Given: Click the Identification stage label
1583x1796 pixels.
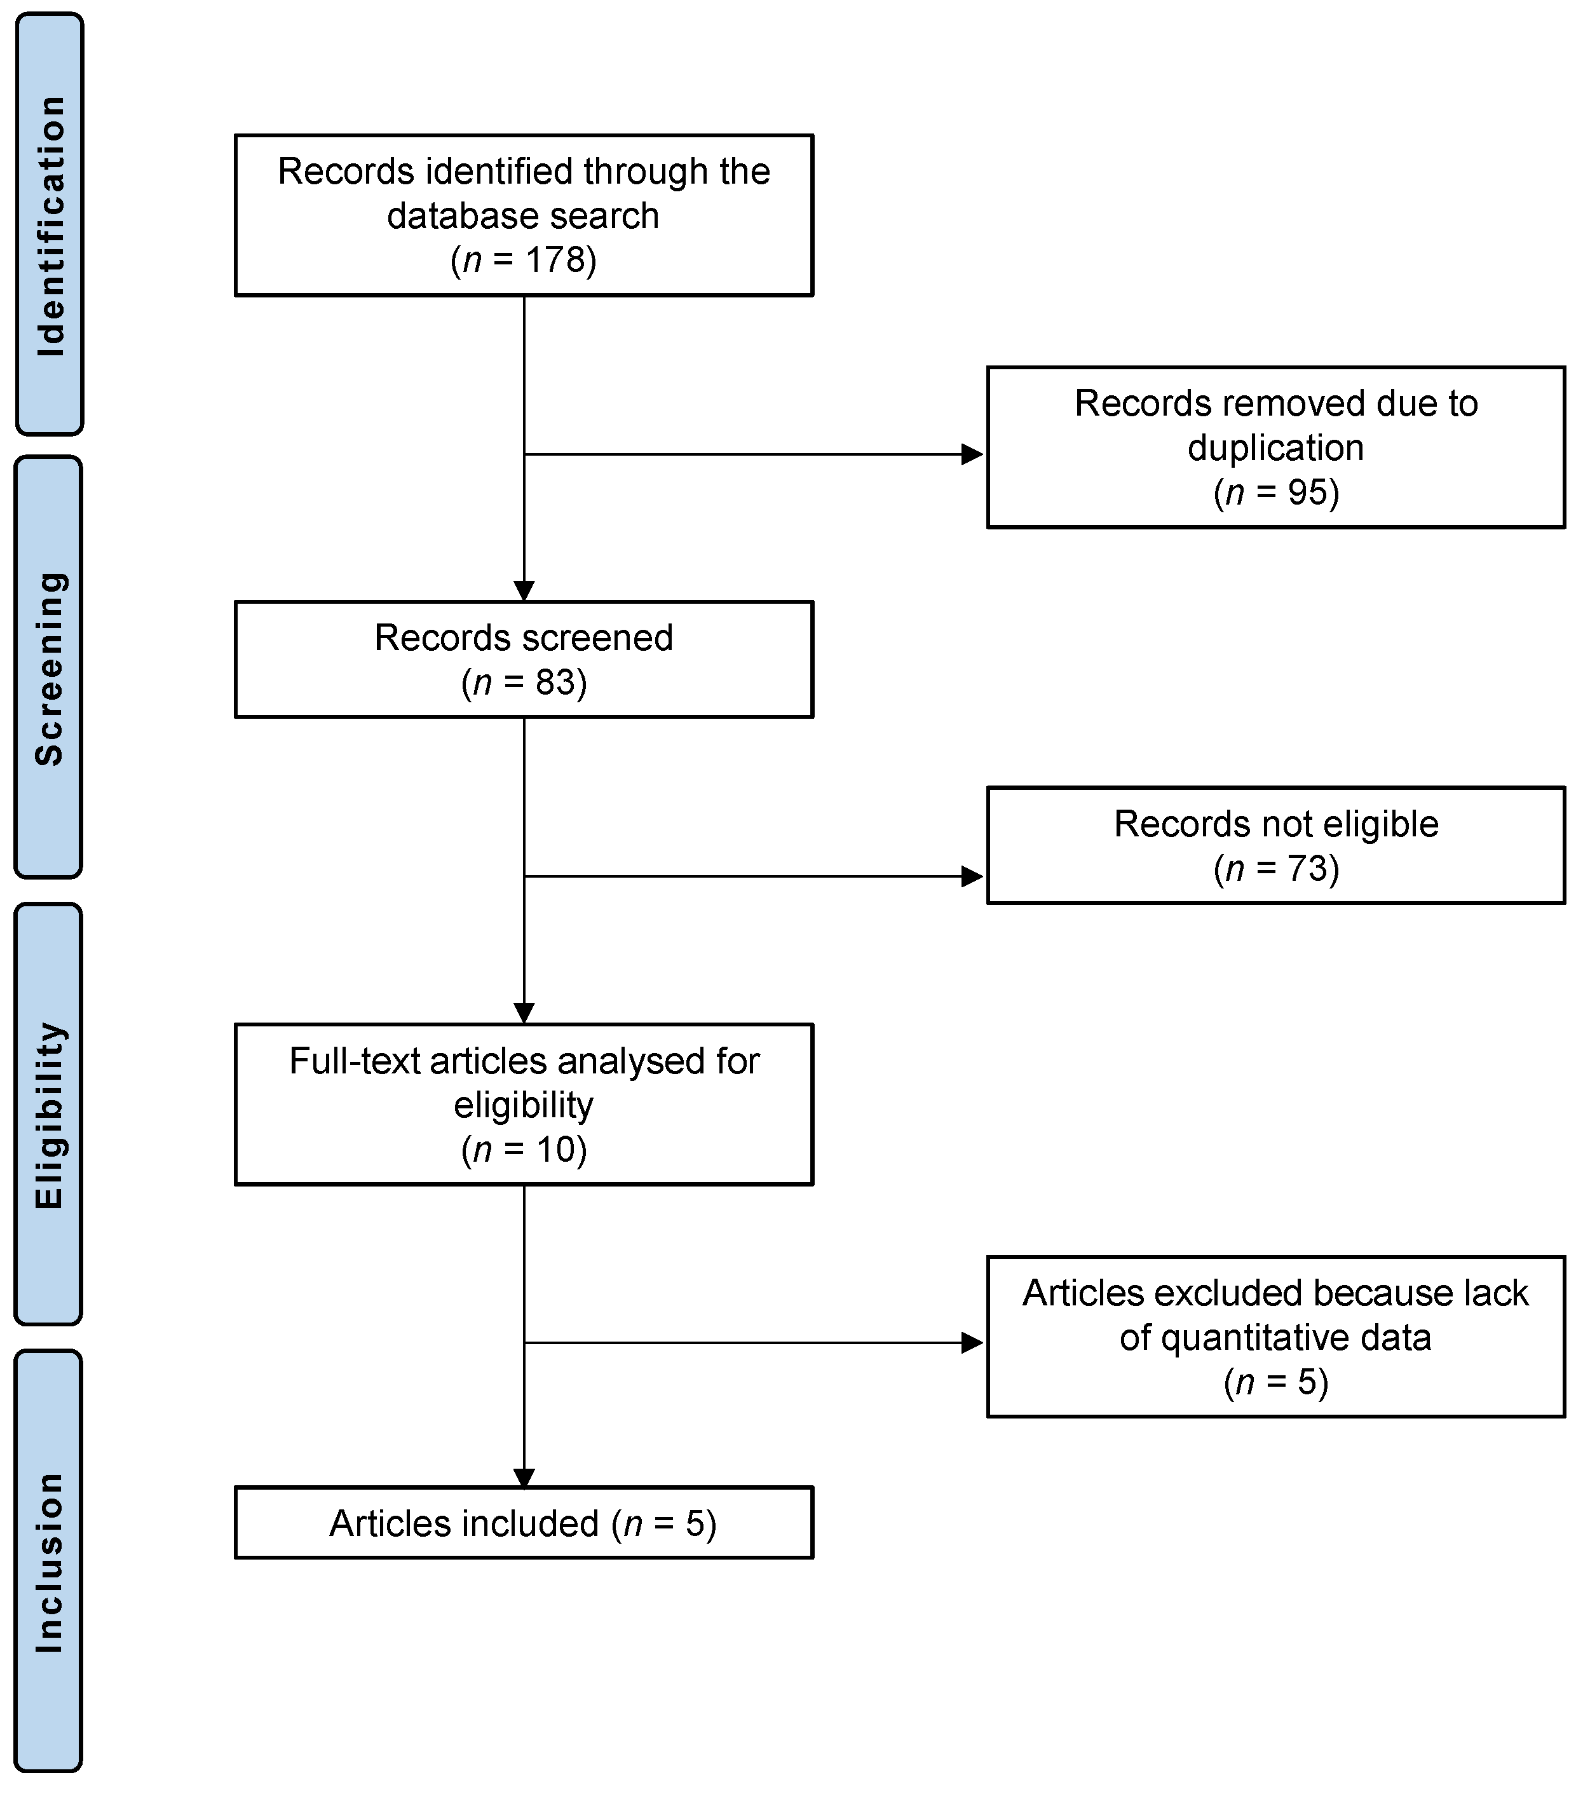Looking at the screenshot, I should tap(50, 225).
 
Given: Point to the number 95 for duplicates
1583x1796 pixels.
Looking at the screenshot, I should tap(1307, 493).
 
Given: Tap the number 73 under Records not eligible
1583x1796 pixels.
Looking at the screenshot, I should tap(1307, 869).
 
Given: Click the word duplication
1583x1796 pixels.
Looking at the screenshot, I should tap(1275, 448).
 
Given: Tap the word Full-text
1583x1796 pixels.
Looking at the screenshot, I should tap(354, 1061).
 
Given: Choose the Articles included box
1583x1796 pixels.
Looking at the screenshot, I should tap(524, 1523).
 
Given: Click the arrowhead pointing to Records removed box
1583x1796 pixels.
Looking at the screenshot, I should tap(972, 454).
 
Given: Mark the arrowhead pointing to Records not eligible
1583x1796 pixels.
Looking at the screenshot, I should tap(972, 876).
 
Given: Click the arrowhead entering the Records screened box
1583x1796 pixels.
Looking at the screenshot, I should tap(524, 591).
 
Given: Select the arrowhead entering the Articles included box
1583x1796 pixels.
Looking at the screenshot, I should tap(524, 1479).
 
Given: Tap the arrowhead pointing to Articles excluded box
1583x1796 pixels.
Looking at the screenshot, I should tap(972, 1343).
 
